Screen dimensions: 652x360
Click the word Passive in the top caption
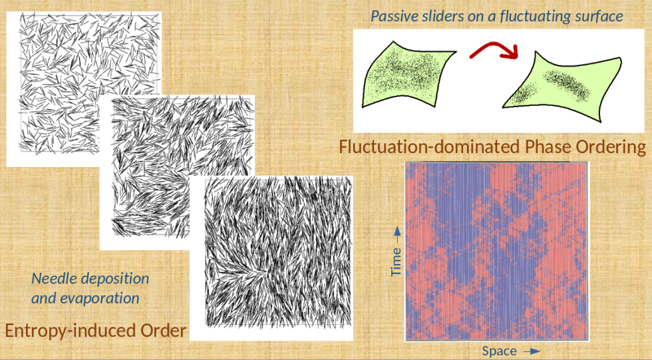[390, 16]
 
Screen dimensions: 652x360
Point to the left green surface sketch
[407, 75]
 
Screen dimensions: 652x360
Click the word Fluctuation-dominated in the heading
[429, 147]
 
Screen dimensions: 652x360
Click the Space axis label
[500, 351]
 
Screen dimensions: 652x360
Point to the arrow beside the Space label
[532, 351]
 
